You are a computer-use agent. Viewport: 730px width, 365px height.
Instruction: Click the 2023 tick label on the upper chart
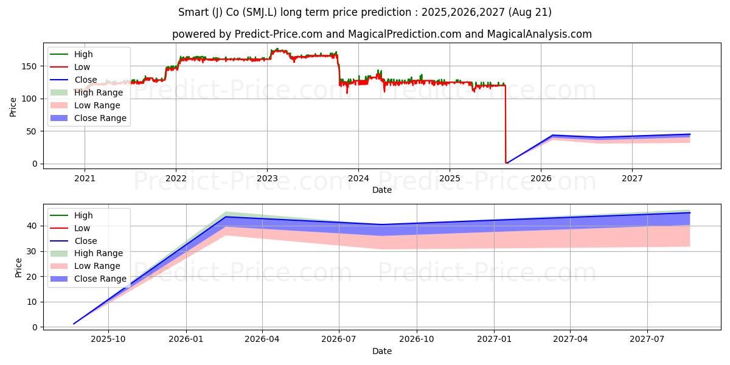267,179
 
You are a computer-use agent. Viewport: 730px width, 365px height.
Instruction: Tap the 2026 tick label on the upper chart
541,179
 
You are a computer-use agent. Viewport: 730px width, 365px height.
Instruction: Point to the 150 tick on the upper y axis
29,66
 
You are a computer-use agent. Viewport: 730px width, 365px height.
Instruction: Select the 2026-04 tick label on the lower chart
262,339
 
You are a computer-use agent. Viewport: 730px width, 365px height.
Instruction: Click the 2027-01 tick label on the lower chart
495,339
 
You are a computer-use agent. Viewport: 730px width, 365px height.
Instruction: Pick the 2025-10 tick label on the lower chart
108,339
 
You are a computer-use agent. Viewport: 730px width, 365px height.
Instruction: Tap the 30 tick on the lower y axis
33,252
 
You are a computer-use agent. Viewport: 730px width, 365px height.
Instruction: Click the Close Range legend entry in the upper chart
88,118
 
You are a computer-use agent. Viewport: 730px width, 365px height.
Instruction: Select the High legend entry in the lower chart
71,215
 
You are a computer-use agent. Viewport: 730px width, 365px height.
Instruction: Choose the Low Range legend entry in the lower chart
85,266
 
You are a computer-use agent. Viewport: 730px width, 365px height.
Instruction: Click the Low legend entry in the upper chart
70,67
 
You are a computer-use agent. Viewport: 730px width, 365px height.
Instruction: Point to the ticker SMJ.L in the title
260,12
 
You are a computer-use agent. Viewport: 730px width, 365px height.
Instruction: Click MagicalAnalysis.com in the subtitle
540,34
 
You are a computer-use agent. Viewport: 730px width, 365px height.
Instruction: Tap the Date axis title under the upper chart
382,190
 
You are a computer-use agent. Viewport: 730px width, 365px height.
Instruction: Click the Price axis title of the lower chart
18,268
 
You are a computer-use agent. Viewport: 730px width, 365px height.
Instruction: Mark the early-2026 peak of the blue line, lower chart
226,217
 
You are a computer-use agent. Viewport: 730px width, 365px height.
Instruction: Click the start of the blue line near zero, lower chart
74,324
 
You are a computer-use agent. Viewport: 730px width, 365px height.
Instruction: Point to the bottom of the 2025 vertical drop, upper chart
506,162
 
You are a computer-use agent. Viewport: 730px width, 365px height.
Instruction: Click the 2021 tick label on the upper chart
85,179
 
